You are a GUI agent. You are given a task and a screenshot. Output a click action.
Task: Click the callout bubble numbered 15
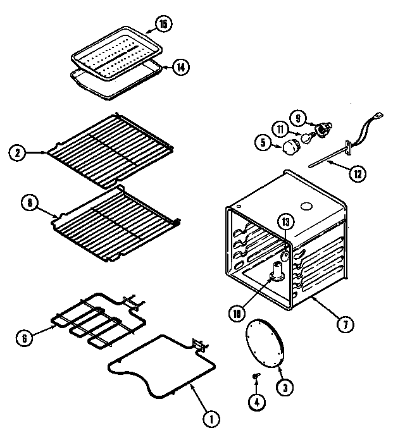[x=164, y=25]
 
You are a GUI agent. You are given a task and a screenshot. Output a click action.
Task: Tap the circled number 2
[x=18, y=152]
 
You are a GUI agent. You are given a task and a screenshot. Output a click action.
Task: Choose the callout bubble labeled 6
[x=25, y=337]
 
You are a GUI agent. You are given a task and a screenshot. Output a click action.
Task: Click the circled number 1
[x=212, y=417]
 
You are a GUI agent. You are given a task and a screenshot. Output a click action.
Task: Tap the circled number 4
[x=257, y=401]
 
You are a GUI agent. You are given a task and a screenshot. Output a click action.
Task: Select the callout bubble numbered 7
[x=344, y=325]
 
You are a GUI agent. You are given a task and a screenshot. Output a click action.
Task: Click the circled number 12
[x=358, y=173]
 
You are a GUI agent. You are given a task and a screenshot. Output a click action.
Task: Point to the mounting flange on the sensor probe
[x=347, y=146]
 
